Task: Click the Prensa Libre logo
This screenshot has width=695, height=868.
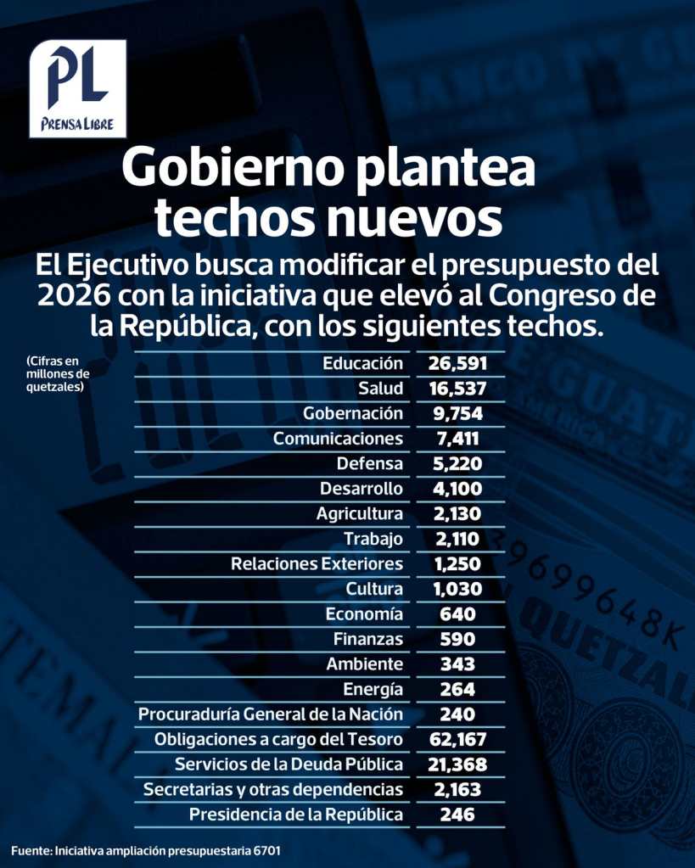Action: point(77,88)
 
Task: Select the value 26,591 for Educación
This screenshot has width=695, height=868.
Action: point(457,364)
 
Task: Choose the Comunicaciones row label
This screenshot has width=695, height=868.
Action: point(338,439)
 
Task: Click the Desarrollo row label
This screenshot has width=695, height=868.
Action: point(362,489)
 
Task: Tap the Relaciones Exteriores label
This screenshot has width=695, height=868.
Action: point(317,563)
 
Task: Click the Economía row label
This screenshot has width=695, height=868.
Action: point(364,613)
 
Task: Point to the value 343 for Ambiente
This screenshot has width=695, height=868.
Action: point(457,664)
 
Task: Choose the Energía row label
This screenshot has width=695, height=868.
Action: point(373,689)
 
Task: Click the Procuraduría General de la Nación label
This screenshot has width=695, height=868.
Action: point(271,714)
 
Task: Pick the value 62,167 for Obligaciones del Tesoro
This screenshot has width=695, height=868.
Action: point(457,739)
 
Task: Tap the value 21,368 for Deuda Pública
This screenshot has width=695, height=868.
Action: point(457,764)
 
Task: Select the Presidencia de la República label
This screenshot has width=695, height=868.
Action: point(296,815)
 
